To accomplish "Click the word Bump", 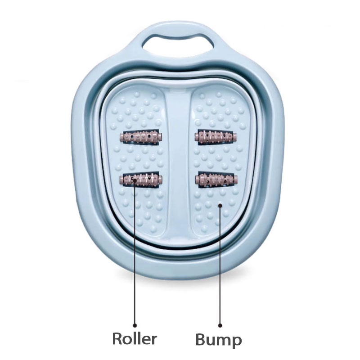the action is [x=219, y=340].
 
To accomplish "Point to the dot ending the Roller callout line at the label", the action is [x=135, y=324].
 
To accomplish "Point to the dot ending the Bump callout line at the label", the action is [x=220, y=324].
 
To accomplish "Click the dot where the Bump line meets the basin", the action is [x=220, y=206].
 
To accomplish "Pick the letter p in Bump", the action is [x=236, y=341].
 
